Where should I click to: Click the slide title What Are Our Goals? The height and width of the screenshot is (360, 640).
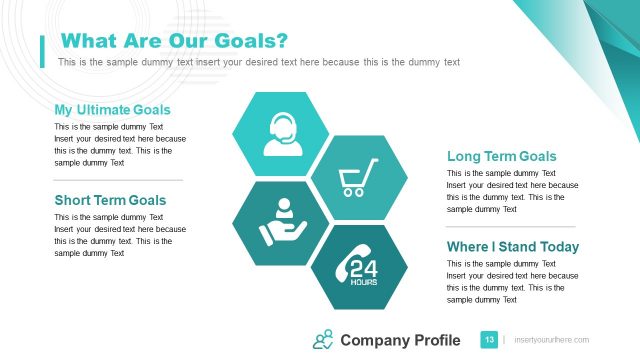point(175,41)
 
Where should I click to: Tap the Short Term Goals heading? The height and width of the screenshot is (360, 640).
point(110,200)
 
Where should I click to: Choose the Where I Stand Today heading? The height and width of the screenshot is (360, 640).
point(512,247)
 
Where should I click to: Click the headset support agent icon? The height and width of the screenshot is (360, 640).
point(281,135)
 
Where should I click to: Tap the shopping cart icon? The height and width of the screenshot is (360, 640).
point(358,177)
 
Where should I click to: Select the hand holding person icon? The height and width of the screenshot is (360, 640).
point(281,222)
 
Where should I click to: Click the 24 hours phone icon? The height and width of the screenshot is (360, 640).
point(358,268)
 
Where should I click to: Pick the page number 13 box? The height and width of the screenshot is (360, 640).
point(490,340)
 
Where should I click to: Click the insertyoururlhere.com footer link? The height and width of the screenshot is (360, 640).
point(551,341)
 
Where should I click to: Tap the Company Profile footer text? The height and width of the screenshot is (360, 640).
point(400,341)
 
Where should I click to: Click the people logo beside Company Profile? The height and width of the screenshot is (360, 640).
point(323,340)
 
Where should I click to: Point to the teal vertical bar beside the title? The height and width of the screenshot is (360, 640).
point(42,50)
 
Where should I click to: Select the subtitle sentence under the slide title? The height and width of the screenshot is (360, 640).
point(259,62)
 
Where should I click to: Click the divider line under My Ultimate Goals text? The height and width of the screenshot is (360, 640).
point(118,180)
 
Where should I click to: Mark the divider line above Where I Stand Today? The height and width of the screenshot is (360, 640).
point(511,226)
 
